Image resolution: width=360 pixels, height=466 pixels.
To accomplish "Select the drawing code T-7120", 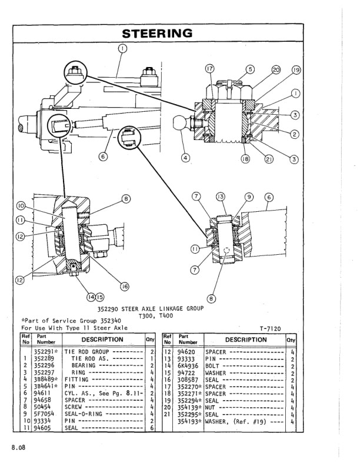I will coord(270,329).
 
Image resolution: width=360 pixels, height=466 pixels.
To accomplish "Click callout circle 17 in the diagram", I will coord(210,69).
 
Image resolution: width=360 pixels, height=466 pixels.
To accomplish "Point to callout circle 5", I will coord(249,69).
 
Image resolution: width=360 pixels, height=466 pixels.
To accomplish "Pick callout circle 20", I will coord(276,69).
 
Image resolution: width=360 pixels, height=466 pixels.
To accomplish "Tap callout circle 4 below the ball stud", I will coord(186,157).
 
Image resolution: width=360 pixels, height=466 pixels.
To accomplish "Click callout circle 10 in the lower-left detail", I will coord(21,207).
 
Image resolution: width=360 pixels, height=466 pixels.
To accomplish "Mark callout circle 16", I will coord(124,286).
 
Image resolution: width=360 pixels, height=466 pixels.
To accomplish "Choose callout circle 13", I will coord(221,196).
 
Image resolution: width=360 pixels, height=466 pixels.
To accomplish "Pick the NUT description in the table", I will coord(211,405).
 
